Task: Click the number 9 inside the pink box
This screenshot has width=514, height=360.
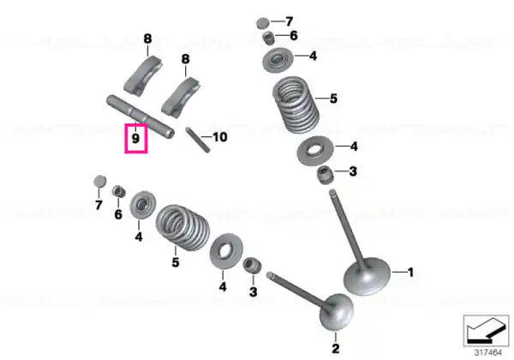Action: [x=135, y=138]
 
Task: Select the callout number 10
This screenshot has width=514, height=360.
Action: [x=219, y=137]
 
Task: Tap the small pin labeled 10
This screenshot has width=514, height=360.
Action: [x=198, y=140]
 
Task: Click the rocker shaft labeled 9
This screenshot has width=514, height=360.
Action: [x=140, y=117]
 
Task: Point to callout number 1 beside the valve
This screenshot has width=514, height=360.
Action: [x=410, y=272]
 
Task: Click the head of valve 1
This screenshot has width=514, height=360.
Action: [x=368, y=276]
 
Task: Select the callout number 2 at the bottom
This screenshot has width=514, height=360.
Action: [x=335, y=348]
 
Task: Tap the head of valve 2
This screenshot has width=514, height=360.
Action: [x=337, y=312]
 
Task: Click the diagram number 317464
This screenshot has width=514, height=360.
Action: [x=488, y=352]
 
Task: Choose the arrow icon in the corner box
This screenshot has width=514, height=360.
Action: [x=486, y=331]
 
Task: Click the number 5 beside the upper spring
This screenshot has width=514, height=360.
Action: [x=333, y=99]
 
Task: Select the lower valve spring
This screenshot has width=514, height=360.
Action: [x=182, y=227]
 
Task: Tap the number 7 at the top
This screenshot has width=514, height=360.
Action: [x=290, y=21]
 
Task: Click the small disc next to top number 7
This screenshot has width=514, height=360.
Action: [x=263, y=23]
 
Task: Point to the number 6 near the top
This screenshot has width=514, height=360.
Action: [x=294, y=35]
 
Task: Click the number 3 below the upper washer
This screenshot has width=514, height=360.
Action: [x=353, y=171]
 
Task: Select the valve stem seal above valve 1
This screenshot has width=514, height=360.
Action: [x=326, y=175]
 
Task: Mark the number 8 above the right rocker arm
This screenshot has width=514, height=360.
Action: [x=186, y=59]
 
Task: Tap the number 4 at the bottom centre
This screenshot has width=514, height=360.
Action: [x=223, y=287]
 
